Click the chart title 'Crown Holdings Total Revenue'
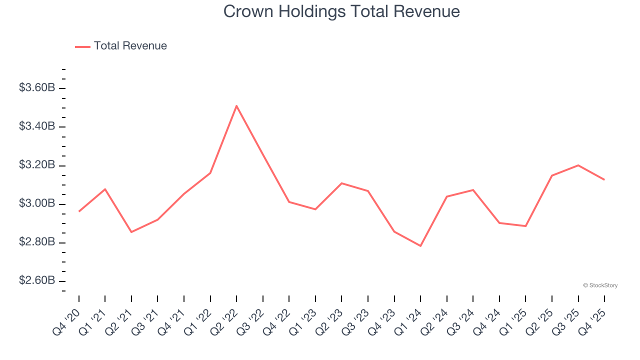click(x=341, y=11)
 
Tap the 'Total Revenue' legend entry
click(x=130, y=46)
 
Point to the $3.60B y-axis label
click(x=37, y=88)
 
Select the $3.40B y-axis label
click(x=37, y=126)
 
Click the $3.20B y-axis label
click(x=37, y=165)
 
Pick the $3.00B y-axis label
click(x=37, y=203)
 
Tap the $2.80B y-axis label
click(x=37, y=242)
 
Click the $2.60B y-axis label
click(x=37, y=280)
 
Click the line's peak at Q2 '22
click(x=236, y=105)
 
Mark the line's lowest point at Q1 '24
click(x=420, y=246)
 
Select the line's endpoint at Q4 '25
click(x=604, y=179)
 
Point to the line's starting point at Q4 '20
click(x=79, y=211)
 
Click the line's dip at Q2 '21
click(x=131, y=232)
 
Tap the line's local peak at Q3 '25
click(x=578, y=165)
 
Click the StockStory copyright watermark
click(x=600, y=285)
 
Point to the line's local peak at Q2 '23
click(x=341, y=183)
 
